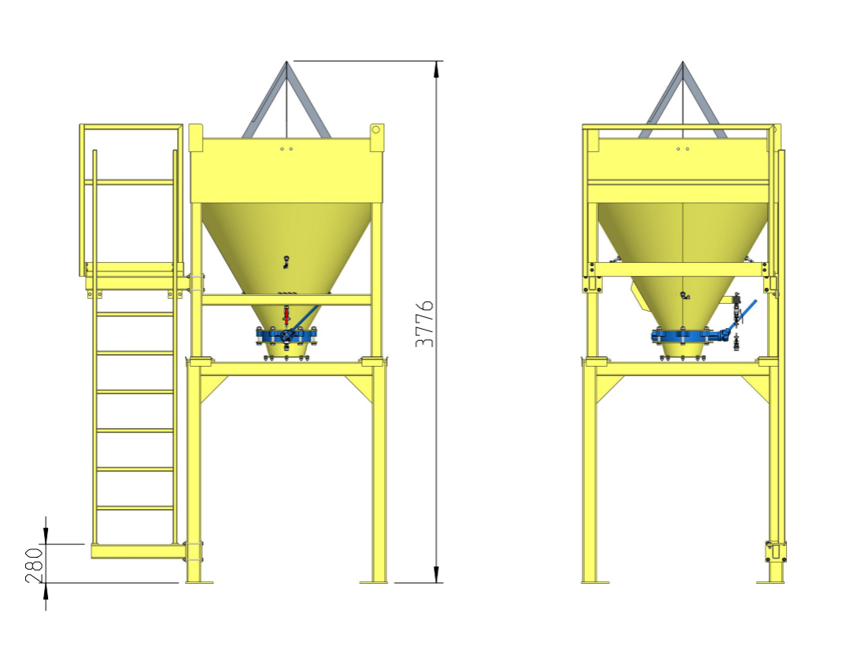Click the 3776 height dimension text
[x=425, y=323]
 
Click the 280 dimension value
[x=34, y=564]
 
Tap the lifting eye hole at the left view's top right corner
[x=375, y=129]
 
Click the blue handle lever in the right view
[x=747, y=308]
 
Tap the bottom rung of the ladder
[x=135, y=508]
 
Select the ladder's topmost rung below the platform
[x=135, y=314]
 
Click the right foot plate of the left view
[x=374, y=582]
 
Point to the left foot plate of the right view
[x=594, y=582]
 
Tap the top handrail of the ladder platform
[x=131, y=126]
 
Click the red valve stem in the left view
[x=286, y=316]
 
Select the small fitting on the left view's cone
[x=286, y=261]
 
